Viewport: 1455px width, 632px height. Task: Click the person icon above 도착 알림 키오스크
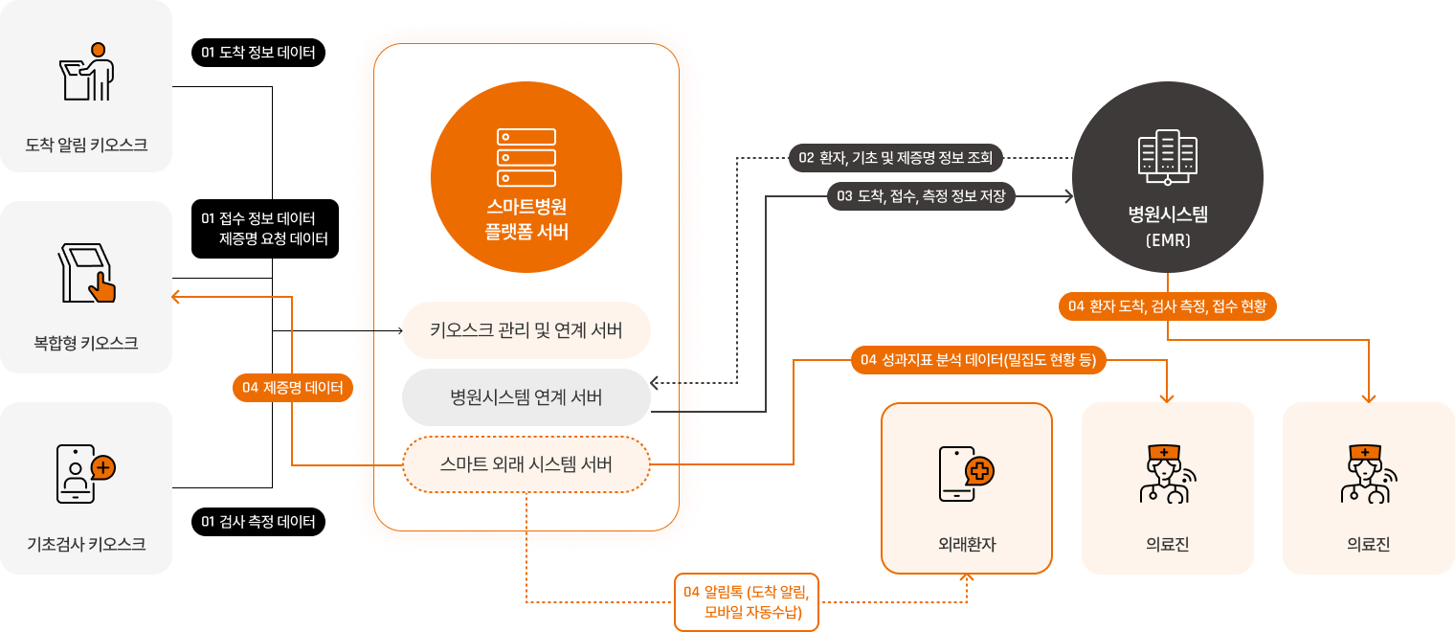click(x=87, y=72)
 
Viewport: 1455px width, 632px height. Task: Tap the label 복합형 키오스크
click(x=85, y=342)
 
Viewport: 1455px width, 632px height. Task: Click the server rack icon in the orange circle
click(x=526, y=158)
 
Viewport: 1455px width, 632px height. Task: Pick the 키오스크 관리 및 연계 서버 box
click(x=526, y=331)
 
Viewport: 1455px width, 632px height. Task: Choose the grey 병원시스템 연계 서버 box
click(x=526, y=397)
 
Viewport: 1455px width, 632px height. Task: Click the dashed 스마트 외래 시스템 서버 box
click(x=526, y=464)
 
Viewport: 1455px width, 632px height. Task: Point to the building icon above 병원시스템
click(x=1167, y=157)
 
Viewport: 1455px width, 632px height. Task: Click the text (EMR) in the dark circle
click(x=1167, y=241)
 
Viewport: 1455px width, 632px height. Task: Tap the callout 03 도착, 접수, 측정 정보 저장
click(x=921, y=196)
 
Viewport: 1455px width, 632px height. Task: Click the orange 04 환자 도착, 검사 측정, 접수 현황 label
click(x=1168, y=306)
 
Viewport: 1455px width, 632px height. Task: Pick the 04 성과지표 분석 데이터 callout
click(x=979, y=360)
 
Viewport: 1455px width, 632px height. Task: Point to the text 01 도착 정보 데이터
click(x=258, y=53)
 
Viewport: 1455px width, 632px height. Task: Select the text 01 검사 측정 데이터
click(x=258, y=522)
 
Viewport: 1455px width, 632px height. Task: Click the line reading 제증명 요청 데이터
click(x=274, y=238)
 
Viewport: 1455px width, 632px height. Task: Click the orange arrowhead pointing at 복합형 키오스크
click(x=176, y=297)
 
